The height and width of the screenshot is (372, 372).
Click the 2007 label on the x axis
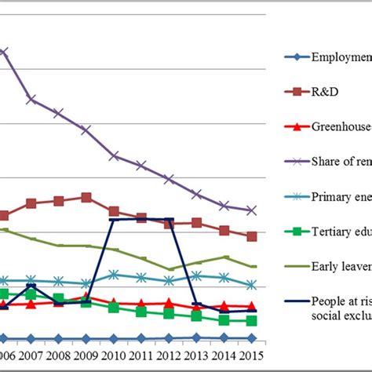tap(31, 357)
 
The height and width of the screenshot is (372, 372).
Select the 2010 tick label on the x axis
tap(114, 357)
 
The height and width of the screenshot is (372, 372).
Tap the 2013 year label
tap(196, 357)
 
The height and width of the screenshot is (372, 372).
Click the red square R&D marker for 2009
tap(86, 198)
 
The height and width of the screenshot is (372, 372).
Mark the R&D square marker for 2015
tap(251, 236)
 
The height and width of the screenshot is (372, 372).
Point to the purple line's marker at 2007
tap(31, 99)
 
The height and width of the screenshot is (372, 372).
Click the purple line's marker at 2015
tap(251, 210)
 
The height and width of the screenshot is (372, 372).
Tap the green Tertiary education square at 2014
tap(224, 320)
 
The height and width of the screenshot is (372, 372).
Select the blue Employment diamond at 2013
tap(196, 337)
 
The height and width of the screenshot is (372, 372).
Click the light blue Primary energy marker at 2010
tap(114, 275)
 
